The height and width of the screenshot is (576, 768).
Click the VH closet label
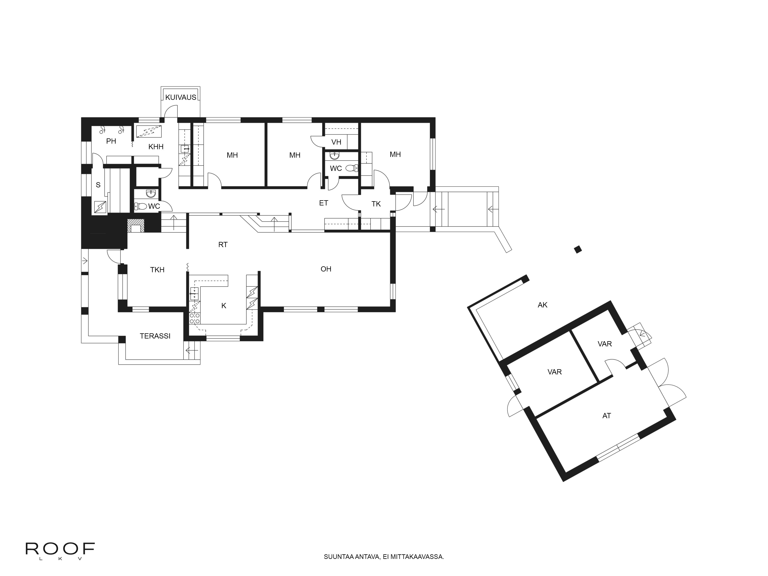coord(336,142)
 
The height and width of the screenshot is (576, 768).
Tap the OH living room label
coord(326,269)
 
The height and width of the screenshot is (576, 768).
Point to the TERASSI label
coord(155,336)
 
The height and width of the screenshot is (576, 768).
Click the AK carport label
coord(542,305)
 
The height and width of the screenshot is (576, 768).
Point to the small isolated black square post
coord(578,249)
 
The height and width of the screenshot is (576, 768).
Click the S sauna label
coord(98,185)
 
